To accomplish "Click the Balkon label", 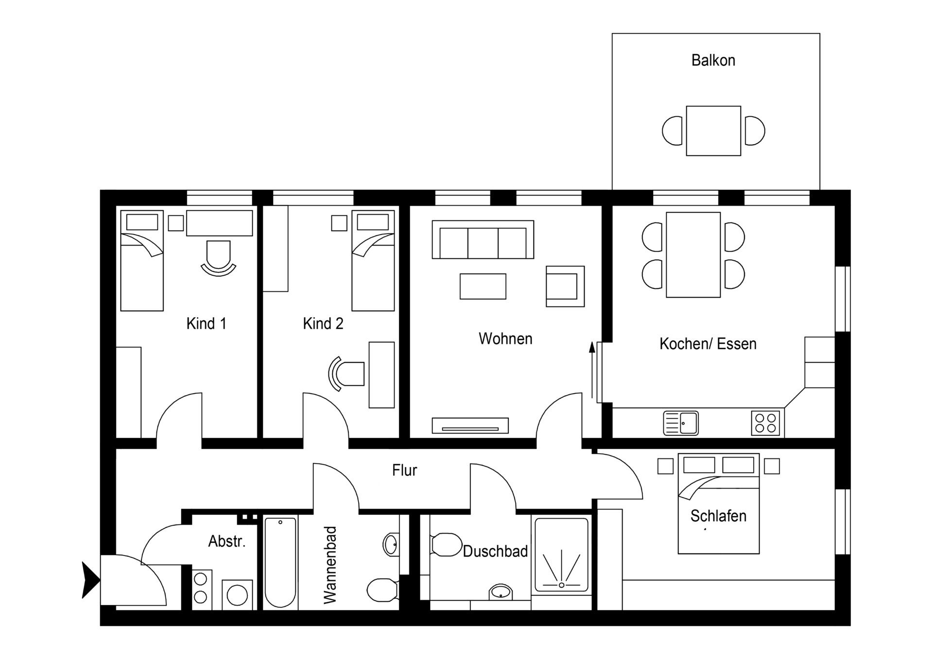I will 713,60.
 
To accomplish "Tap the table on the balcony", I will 713,131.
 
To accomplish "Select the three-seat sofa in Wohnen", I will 483,239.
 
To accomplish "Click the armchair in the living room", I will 564,286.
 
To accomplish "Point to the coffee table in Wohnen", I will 483,286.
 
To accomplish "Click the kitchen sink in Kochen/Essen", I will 681,423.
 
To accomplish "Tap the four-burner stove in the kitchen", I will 765,423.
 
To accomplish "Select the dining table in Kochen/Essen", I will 693,254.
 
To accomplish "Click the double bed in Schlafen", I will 718,505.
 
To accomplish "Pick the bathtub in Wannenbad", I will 280,562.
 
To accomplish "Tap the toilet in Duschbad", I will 446,545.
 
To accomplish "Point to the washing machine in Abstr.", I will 237,594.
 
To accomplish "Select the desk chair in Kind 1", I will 218,257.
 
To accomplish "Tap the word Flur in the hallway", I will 404,470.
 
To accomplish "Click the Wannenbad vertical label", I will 330,565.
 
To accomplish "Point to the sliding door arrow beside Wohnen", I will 592,369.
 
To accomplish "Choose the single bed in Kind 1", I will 141,261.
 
